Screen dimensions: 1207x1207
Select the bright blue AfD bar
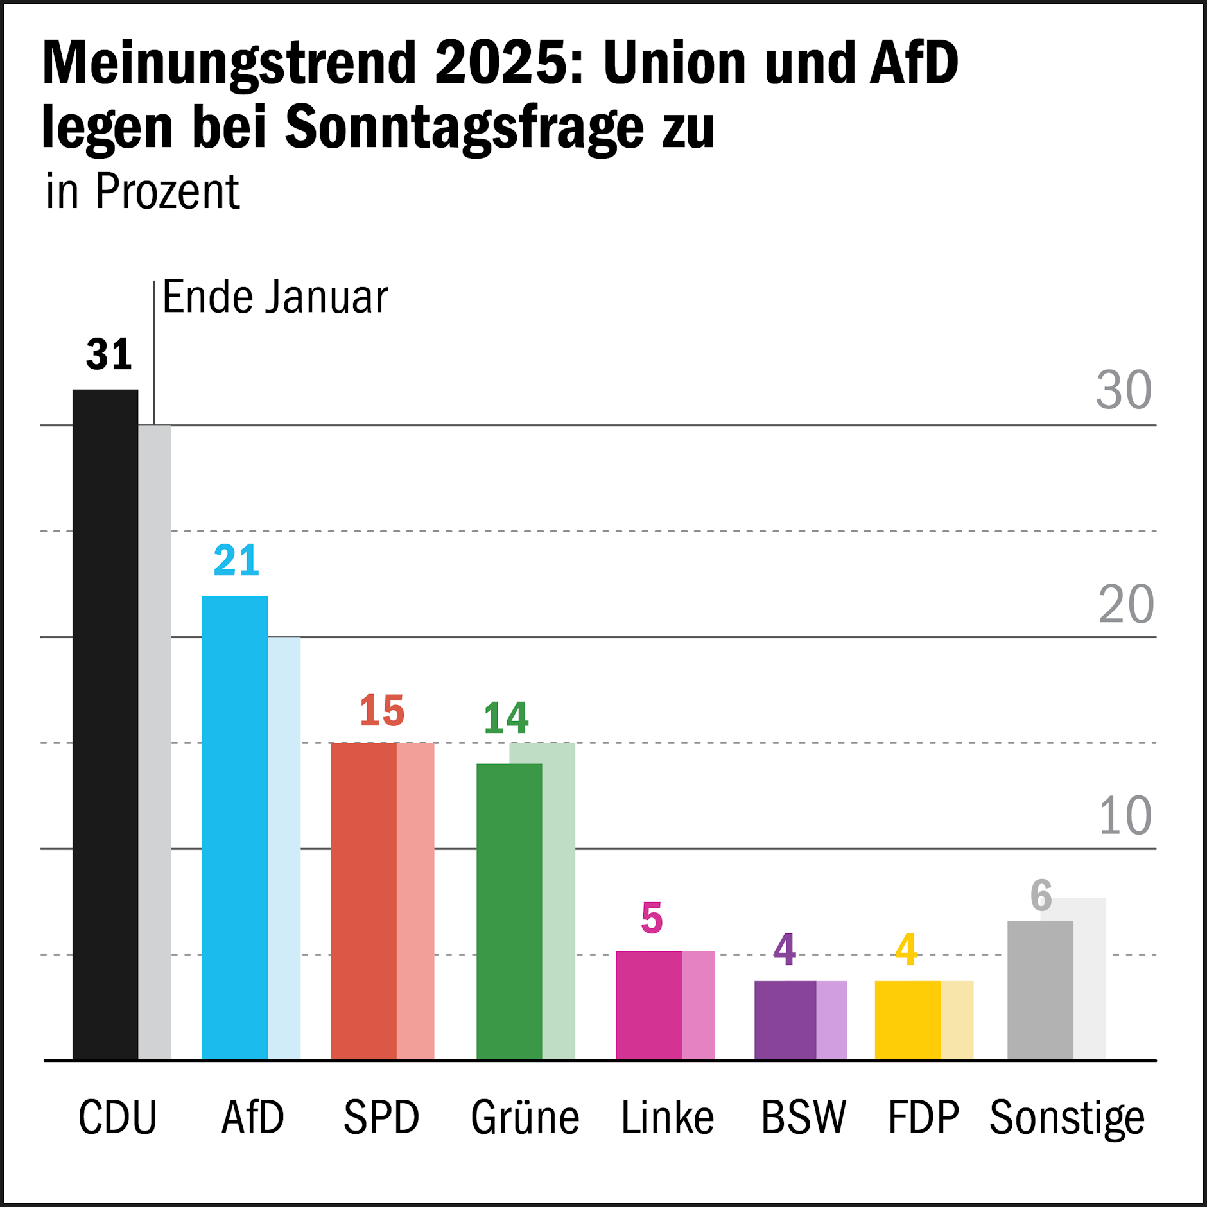pyautogui.click(x=235, y=828)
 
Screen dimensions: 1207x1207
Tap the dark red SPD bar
pyautogui.click(x=363, y=901)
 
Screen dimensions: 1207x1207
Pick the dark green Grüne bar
pyautogui.click(x=509, y=912)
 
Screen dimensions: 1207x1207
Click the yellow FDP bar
pyautogui.click(x=907, y=1020)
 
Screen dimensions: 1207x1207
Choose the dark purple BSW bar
pyautogui.click(x=785, y=1020)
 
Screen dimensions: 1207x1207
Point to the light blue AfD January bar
pyautogui.click(x=284, y=847)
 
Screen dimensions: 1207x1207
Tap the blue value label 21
pyautogui.click(x=236, y=560)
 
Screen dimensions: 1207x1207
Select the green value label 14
pyautogui.click(x=506, y=717)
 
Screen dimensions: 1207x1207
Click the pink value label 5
pyautogui.click(x=652, y=918)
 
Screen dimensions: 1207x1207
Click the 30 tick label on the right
pyautogui.click(x=1124, y=390)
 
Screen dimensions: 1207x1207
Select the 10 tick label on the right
pyautogui.click(x=1125, y=816)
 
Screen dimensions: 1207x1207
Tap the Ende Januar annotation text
pyautogui.click(x=275, y=297)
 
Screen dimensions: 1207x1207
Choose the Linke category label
pyautogui.click(x=667, y=1118)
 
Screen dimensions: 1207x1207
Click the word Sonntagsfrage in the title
pyautogui.click(x=464, y=126)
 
